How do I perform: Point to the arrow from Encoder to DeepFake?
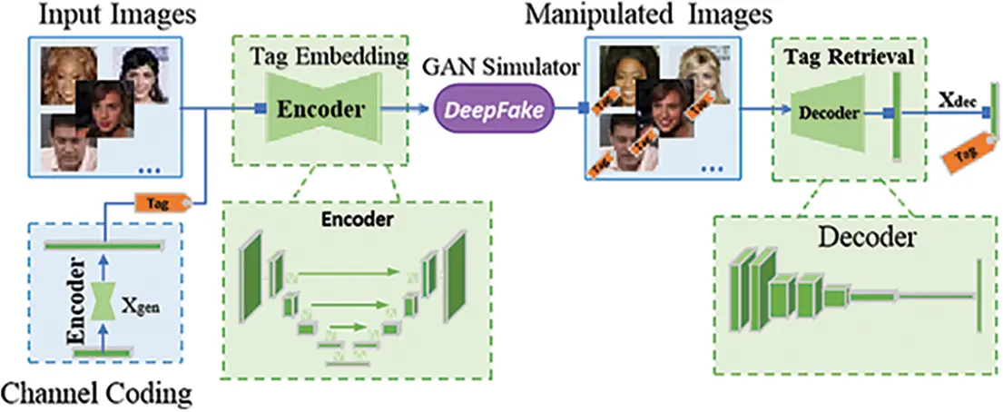pyautogui.click(x=405, y=110)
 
